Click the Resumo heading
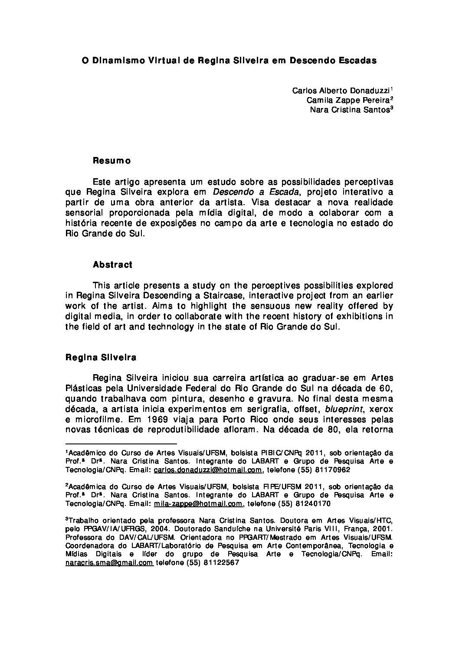click(112, 161)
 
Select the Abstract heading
click(112, 264)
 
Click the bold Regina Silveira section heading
click(101, 358)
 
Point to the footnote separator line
click(121, 444)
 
